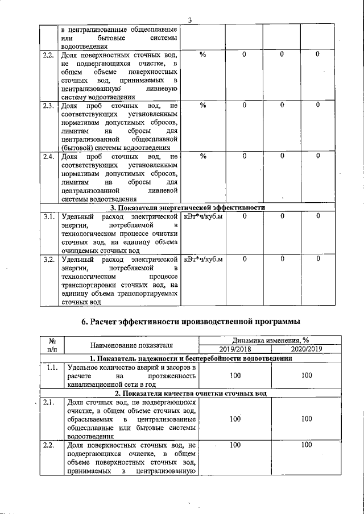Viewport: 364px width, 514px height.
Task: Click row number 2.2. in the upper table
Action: click(48, 55)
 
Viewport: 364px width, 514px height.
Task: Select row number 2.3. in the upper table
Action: click(48, 106)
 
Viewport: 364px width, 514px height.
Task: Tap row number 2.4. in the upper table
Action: click(48, 156)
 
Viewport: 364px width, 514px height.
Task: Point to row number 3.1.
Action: click(48, 216)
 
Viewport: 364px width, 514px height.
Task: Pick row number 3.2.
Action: click(48, 260)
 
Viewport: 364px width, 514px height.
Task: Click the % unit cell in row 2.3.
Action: click(203, 106)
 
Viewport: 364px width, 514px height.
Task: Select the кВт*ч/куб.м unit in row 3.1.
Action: click(203, 216)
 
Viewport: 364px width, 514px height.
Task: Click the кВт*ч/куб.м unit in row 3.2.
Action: click(203, 260)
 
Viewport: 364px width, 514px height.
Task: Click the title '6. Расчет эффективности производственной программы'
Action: click(191, 322)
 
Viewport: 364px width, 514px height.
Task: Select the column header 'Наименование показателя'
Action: click(131, 345)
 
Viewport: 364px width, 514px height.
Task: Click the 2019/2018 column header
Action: click(235, 349)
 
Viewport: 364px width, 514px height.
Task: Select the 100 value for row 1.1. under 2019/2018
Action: click(235, 376)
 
